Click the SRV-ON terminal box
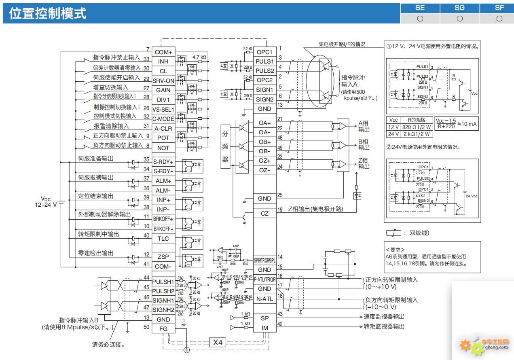pyautogui.click(x=163, y=80)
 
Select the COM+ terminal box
pyautogui.click(x=163, y=52)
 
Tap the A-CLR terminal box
pyautogui.click(x=163, y=129)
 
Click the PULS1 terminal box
pyautogui.click(x=264, y=61)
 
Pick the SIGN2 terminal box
pyautogui.click(x=264, y=99)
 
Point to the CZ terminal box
pyautogui.click(x=264, y=214)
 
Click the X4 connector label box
pyautogui.click(x=218, y=342)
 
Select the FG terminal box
pyautogui.click(x=163, y=328)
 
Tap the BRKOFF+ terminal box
pyautogui.click(x=163, y=219)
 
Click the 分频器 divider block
pyautogui.click(x=225, y=146)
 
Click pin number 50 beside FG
pyautogui.click(x=146, y=327)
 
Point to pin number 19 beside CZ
pyautogui.click(x=280, y=210)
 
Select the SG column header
pyautogui.click(x=459, y=8)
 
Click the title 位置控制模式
pyautogui.click(x=48, y=13)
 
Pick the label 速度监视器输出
pyautogui.click(x=384, y=317)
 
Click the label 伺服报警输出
pyautogui.click(x=96, y=178)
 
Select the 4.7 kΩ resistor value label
pyautogui.click(x=199, y=57)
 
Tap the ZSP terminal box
pyautogui.click(x=163, y=256)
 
